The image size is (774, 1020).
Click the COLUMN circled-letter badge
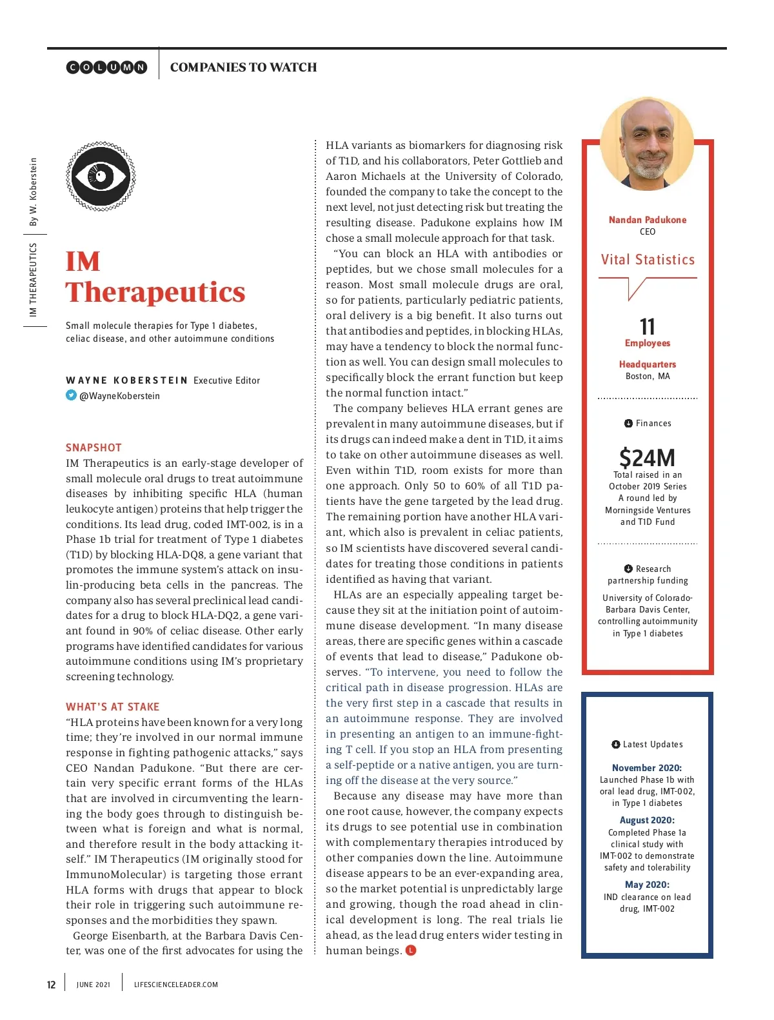point(106,67)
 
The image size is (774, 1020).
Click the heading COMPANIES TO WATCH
point(243,67)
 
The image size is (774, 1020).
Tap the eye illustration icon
point(101,176)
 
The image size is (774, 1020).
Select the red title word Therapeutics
point(155,292)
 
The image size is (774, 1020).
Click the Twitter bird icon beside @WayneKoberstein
point(71,395)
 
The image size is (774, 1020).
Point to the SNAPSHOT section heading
point(94,447)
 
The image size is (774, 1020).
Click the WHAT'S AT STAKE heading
point(112,707)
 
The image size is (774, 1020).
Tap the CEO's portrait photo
point(647,144)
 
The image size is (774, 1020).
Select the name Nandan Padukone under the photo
point(648,220)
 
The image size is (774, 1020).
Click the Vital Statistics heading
point(648,260)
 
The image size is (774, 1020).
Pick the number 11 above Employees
point(648,326)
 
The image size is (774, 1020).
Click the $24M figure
point(647,458)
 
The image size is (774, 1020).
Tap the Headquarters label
point(648,364)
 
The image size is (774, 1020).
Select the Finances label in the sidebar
point(653,424)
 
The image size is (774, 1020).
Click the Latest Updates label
point(652,745)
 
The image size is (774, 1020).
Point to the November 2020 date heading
point(647,768)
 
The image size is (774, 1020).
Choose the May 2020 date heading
point(647,885)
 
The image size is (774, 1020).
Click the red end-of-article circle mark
point(411,950)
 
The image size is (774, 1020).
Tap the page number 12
point(52,985)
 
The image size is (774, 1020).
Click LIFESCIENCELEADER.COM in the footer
point(176,985)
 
